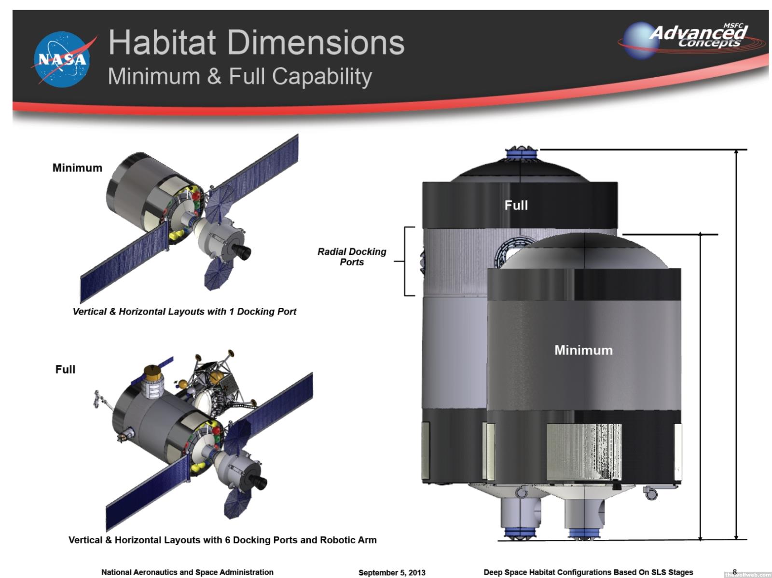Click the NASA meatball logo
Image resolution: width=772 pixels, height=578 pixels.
point(62,59)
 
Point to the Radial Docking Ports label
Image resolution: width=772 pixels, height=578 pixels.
point(352,257)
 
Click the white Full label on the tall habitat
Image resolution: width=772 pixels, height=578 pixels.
point(516,206)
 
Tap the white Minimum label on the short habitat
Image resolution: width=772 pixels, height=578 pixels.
point(583,350)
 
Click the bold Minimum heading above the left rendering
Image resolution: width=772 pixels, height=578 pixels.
point(77,168)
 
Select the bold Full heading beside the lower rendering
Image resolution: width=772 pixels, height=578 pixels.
point(66,369)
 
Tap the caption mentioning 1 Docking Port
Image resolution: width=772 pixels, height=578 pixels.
point(184,312)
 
